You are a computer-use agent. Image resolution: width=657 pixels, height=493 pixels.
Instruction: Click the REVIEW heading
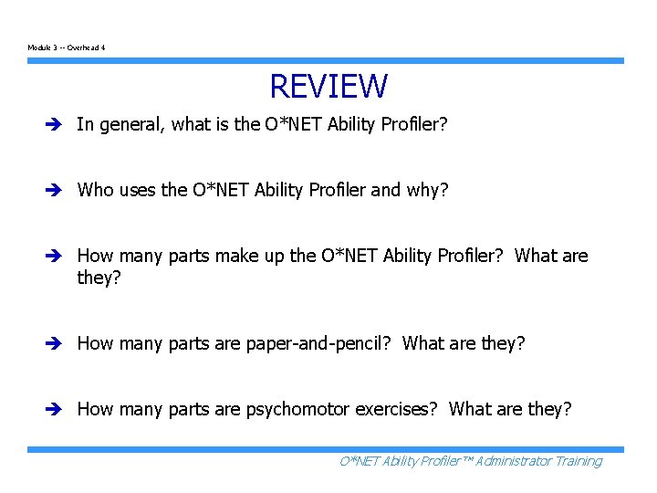pos(328,87)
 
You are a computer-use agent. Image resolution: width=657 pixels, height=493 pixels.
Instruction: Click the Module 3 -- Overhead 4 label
pos(66,47)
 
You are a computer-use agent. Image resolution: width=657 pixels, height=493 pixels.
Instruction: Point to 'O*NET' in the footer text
pos(360,461)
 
